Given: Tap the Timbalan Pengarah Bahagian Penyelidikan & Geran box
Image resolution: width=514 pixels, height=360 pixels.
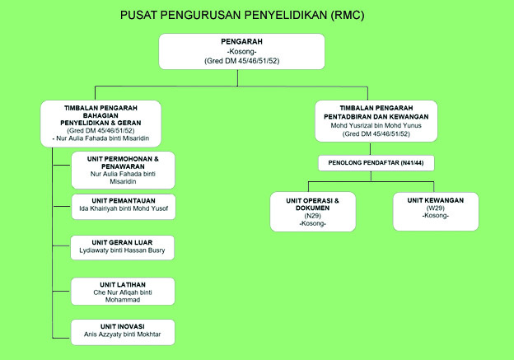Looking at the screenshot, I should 100,123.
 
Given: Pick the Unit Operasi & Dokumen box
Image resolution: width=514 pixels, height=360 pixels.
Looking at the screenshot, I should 313,211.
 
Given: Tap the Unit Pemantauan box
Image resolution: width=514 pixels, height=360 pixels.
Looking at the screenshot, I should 123,207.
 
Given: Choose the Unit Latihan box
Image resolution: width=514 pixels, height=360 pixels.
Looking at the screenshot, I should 123,289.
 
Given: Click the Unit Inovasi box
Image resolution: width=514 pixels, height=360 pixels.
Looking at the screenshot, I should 123,330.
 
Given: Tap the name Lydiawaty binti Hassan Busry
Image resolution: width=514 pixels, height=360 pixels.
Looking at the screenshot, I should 123,250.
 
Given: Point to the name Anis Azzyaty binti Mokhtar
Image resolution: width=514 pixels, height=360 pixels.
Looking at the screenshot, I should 123,335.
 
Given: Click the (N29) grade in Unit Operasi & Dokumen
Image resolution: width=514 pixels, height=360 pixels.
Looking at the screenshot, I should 313,216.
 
